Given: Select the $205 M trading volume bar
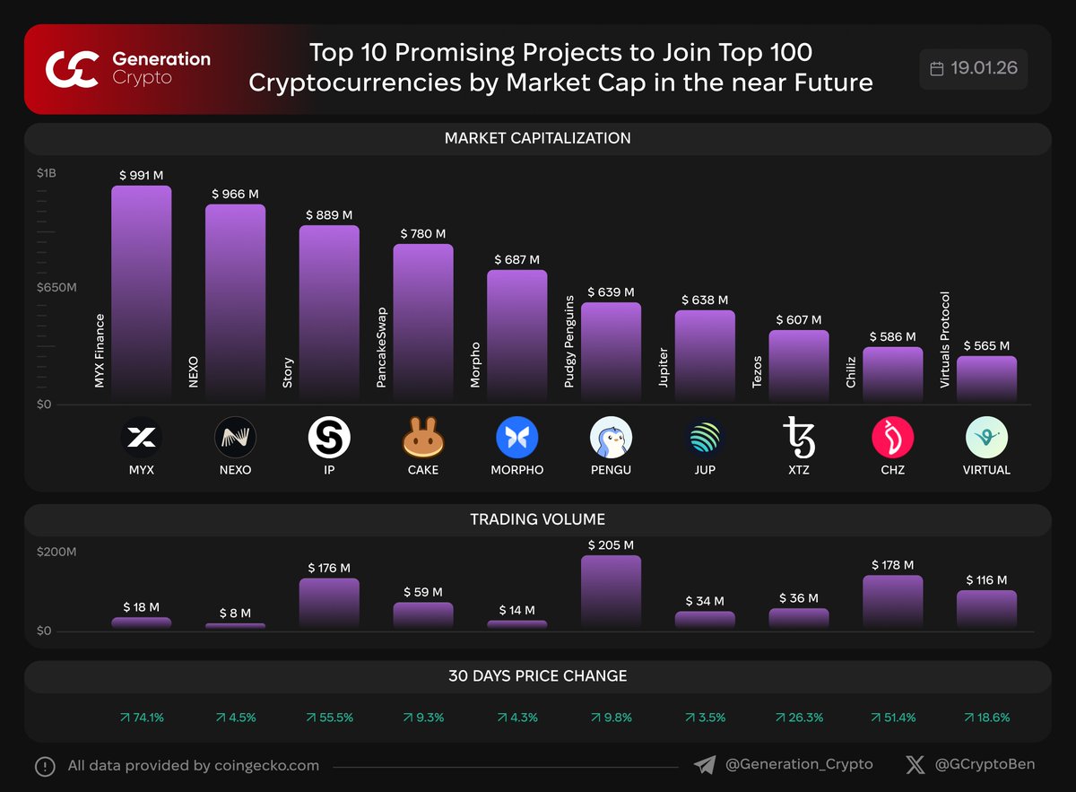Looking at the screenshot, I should tap(611, 591).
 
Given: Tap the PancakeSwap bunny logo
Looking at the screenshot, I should tap(423, 438).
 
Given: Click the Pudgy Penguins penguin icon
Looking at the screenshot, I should tap(611, 438).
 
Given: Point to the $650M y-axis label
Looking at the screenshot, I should tap(56, 288).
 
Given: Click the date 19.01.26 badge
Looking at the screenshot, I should tap(974, 69).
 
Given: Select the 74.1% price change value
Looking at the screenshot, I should tap(142, 718).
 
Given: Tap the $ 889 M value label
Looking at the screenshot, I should tap(329, 215).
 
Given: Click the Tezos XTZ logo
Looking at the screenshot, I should tap(799, 438).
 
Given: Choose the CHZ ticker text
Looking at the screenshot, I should tap(892, 470).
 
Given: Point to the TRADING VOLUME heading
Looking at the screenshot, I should tap(538, 519).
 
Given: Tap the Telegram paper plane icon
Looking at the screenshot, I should tap(706, 765).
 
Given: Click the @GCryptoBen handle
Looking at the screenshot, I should tap(984, 765).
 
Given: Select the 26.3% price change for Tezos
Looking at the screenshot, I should tap(799, 718).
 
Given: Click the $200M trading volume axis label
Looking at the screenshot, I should tap(56, 552).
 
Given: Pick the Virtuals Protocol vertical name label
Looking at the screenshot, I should tap(945, 340).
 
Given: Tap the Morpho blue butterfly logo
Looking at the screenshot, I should tap(517, 438).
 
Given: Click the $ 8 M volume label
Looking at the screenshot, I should tap(235, 614).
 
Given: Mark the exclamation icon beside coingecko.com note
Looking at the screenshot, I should tap(45, 766).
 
